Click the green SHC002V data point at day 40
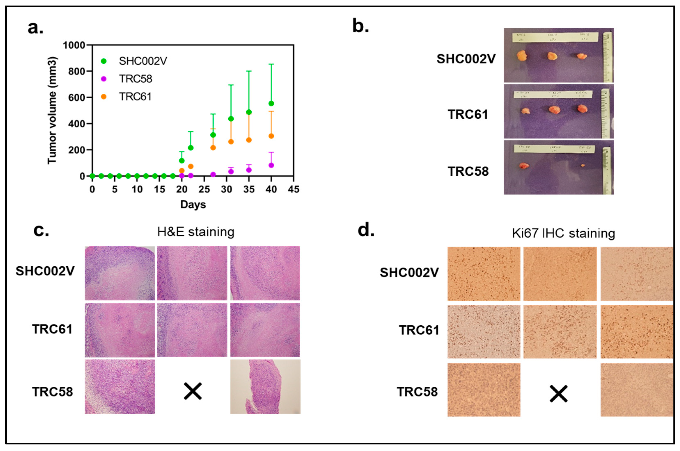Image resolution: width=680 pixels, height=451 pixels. pyautogui.click(x=271, y=103)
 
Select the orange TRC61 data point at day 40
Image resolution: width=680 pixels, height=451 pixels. pyautogui.click(x=271, y=136)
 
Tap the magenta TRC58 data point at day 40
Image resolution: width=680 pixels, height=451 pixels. pyautogui.click(x=271, y=165)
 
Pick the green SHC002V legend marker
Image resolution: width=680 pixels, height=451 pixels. pyautogui.click(x=104, y=61)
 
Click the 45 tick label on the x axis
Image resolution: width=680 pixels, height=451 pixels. pyautogui.click(x=293, y=189)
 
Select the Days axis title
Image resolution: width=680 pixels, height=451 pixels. pyautogui.click(x=193, y=204)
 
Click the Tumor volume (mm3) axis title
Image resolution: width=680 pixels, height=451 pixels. pyautogui.click(x=52, y=110)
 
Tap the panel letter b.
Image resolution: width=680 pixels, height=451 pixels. pyautogui.click(x=360, y=26)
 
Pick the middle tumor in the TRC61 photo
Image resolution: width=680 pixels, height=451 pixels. pyautogui.click(x=554, y=110)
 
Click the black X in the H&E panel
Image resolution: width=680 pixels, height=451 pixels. pyautogui.click(x=193, y=391)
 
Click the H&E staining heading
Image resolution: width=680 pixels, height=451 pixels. pyautogui.click(x=196, y=232)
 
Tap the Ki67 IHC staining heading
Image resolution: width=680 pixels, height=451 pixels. pyautogui.click(x=563, y=233)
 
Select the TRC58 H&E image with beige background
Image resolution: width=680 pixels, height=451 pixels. pyautogui.click(x=265, y=387)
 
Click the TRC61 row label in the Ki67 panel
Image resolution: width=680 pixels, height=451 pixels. pyautogui.click(x=419, y=330)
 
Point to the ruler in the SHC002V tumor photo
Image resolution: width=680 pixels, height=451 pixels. pyautogui.click(x=608, y=57)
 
